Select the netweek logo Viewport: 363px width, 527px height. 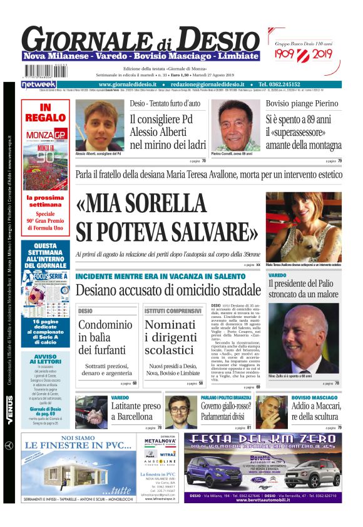click(39, 84)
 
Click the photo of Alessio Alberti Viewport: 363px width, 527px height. click(98, 125)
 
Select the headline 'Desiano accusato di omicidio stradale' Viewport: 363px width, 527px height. click(168, 290)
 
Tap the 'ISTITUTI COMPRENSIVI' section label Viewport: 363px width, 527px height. click(173, 310)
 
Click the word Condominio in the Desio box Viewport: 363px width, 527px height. click(105, 325)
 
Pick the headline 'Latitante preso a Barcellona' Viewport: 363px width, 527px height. click(135, 411)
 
